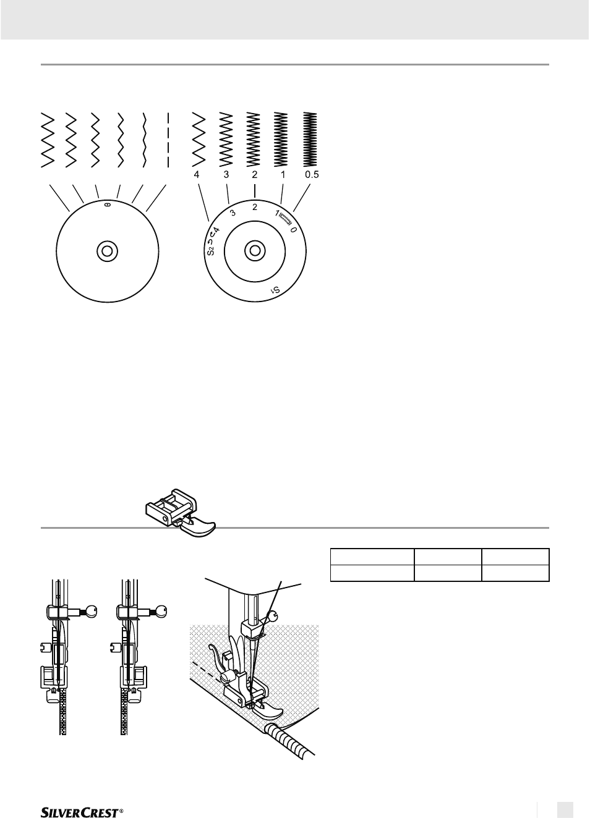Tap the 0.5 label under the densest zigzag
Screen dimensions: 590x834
click(312, 175)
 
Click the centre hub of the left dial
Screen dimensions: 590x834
click(108, 251)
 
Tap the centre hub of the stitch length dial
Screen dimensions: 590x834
click(255, 250)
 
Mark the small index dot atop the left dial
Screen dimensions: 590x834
click(108, 204)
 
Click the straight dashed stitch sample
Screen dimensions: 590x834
click(168, 140)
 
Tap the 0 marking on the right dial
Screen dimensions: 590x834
click(293, 230)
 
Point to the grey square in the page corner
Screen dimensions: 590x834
click(565, 810)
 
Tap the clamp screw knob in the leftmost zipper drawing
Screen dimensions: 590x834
click(90, 611)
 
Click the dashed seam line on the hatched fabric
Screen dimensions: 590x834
click(207, 670)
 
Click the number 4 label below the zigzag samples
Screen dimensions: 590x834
click(197, 175)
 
